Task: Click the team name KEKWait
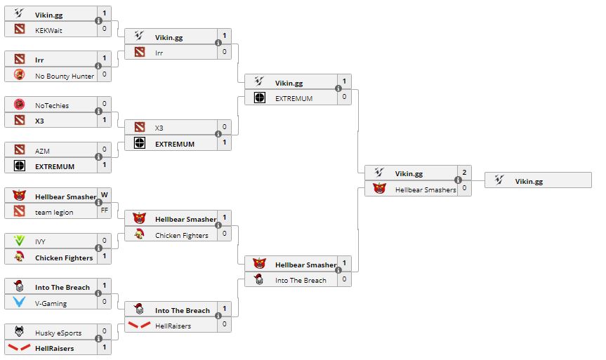(x=48, y=30)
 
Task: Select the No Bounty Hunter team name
(x=64, y=76)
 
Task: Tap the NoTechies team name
(x=52, y=105)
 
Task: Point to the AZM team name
(x=42, y=150)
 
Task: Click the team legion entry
(x=54, y=212)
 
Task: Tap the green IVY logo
(x=20, y=241)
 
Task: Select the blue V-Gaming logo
(x=20, y=303)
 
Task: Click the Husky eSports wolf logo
(x=20, y=333)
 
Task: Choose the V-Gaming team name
(x=51, y=303)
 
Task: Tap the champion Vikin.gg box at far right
(x=538, y=181)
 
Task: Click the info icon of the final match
(x=459, y=180)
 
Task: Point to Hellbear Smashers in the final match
(x=425, y=189)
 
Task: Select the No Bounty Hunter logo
(x=20, y=75)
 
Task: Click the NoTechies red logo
(x=20, y=105)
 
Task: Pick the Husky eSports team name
(x=58, y=333)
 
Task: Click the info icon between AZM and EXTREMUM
(x=98, y=158)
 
